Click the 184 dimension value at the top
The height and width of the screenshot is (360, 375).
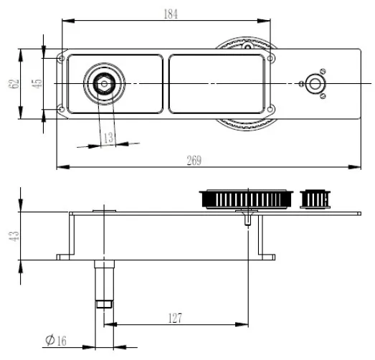[x=169, y=14]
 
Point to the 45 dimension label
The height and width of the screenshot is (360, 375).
[x=37, y=83]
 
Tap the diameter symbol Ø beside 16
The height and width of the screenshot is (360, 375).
[x=49, y=339]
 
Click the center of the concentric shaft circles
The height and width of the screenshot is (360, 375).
[x=104, y=84]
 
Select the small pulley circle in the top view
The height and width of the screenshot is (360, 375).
[x=314, y=84]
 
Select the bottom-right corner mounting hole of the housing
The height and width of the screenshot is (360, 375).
[x=271, y=109]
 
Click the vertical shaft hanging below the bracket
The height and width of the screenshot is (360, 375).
[x=104, y=283]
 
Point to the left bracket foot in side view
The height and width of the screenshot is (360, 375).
[x=67, y=256]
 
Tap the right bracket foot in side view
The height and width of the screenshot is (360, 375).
[x=265, y=256]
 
